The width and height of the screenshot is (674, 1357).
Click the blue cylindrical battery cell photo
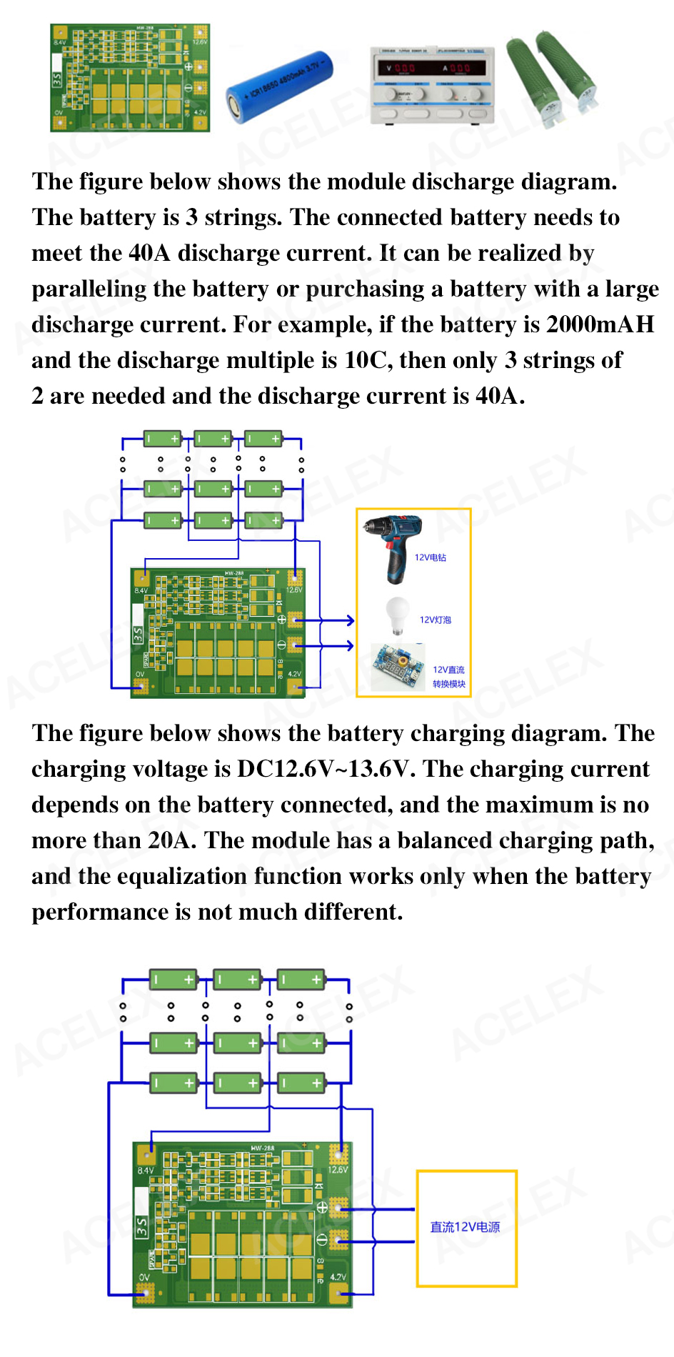[x=280, y=86]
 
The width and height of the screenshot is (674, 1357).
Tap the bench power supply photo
[x=431, y=85]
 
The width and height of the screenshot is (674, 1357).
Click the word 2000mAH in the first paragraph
[x=600, y=324]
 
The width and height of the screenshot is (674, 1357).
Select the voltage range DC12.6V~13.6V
[x=326, y=769]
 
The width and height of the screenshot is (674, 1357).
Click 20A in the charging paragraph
[x=171, y=840]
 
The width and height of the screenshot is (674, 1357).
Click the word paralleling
[x=89, y=289]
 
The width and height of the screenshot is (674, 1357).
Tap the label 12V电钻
[x=431, y=557]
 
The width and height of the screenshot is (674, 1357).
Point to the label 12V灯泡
[x=436, y=620]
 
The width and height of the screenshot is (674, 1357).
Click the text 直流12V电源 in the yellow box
[x=465, y=1227]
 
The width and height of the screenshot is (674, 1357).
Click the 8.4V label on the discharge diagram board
[x=141, y=590]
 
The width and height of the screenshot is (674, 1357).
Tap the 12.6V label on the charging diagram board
[x=338, y=1170]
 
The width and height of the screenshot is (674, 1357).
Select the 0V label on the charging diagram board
[x=144, y=1276]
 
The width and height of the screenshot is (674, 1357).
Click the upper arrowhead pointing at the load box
[x=350, y=620]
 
